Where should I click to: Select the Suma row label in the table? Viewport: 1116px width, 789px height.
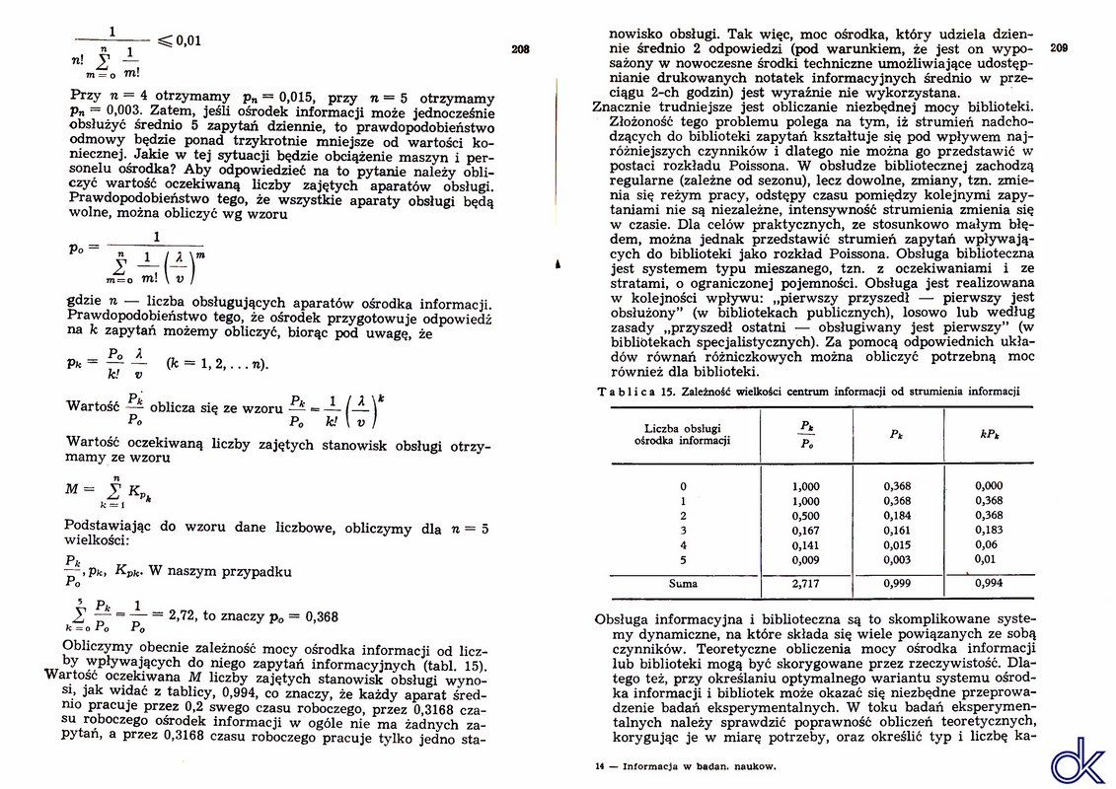683,584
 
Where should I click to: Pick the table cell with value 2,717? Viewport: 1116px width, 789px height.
806,584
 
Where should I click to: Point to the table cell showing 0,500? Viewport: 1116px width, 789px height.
806,516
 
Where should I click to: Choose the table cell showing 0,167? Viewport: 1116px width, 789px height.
806,531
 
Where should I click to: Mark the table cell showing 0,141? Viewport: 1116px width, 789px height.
806,545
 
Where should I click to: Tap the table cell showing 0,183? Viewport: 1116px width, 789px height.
988,531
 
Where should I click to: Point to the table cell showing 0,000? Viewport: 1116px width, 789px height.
988,486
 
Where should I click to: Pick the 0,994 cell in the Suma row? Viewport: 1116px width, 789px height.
988,584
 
